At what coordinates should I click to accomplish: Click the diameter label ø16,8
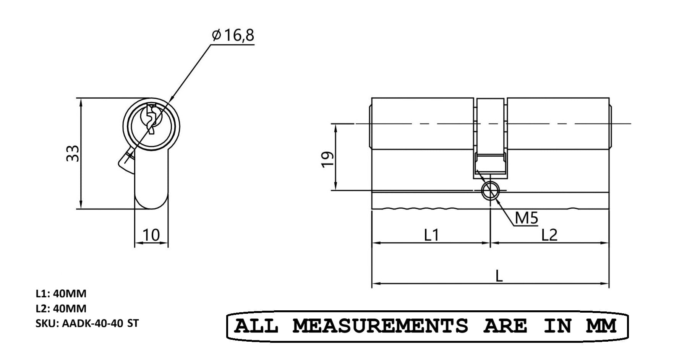point(233,36)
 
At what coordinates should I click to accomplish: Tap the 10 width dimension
point(151,235)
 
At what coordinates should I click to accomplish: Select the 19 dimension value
point(327,159)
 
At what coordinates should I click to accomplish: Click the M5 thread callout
point(526,218)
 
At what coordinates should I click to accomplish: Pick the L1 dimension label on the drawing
point(431,235)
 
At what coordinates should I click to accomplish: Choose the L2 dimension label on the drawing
point(549,235)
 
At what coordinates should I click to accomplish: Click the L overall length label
point(499,276)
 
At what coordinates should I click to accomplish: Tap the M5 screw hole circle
point(490,190)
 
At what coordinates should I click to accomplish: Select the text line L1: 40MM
point(61,294)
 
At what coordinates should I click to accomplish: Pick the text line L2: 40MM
point(61,308)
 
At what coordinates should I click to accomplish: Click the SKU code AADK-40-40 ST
point(87,323)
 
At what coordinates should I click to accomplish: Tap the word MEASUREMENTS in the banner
point(380,326)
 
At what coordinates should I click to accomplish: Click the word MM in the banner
point(601,326)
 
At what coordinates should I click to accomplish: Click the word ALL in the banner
point(256,326)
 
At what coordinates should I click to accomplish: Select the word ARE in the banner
point(505,326)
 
